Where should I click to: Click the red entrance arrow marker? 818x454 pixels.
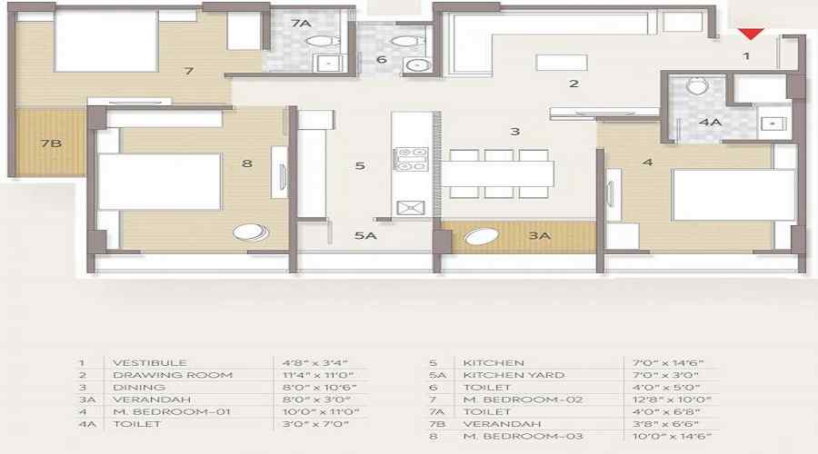click(x=750, y=35)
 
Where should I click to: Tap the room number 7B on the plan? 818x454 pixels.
click(x=50, y=143)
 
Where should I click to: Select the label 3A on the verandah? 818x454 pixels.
click(x=540, y=236)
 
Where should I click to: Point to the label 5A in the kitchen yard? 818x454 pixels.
click(x=365, y=236)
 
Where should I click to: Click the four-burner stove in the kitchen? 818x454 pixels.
click(x=409, y=159)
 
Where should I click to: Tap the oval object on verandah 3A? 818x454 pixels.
click(x=482, y=238)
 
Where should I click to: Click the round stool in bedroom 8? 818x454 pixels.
click(x=251, y=232)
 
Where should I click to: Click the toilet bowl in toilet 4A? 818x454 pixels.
click(x=697, y=86)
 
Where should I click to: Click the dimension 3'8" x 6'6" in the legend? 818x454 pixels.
click(x=670, y=423)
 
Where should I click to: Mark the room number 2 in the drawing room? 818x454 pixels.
click(x=574, y=84)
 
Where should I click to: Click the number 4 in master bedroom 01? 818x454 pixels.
click(x=647, y=163)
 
